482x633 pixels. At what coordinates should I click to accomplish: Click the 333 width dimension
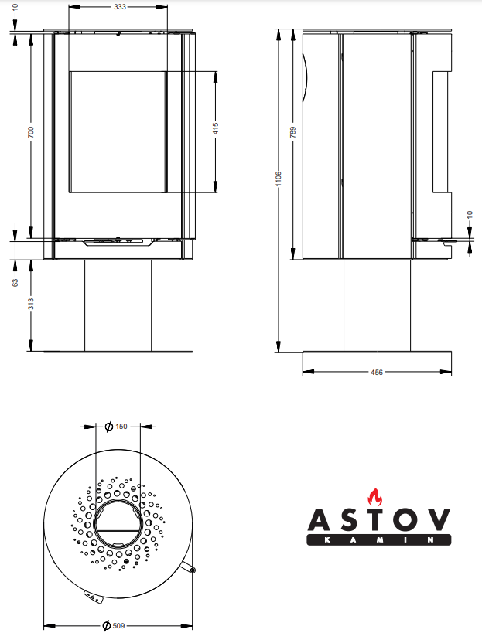point(119,6)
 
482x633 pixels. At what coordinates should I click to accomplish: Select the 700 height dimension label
point(31,133)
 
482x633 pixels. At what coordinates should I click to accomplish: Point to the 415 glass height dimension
point(216,130)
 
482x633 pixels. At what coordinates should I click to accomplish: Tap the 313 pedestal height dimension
point(31,304)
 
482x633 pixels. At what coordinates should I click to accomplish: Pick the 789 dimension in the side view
point(292,133)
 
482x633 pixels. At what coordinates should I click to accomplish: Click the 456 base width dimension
point(377,372)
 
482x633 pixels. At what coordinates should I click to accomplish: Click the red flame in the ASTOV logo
point(375,497)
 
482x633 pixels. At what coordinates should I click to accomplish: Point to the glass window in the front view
point(118,131)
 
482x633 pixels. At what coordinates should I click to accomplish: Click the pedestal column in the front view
point(118,304)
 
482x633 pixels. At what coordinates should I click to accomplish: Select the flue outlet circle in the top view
point(118,521)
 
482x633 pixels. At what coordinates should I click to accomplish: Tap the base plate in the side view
point(376,352)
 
